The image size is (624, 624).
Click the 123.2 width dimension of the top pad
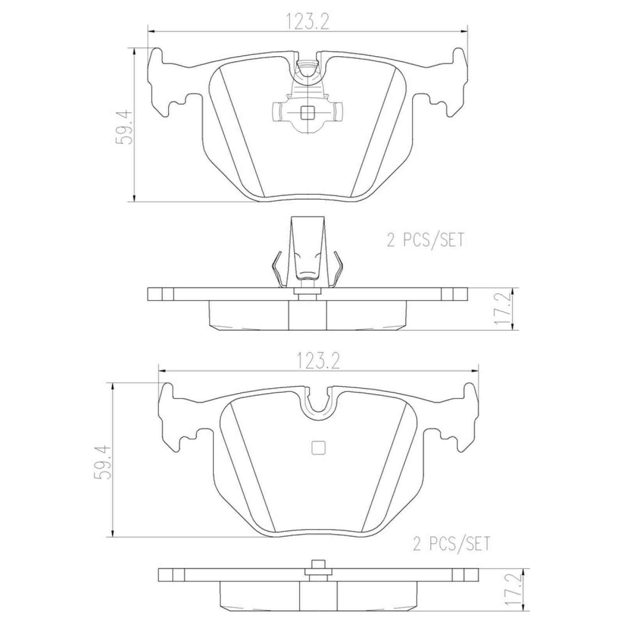coord(308,22)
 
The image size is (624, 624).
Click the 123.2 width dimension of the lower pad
coord(319,361)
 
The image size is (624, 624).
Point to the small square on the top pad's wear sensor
coord(308,113)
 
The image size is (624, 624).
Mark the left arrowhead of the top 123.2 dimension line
coord(151,30)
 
